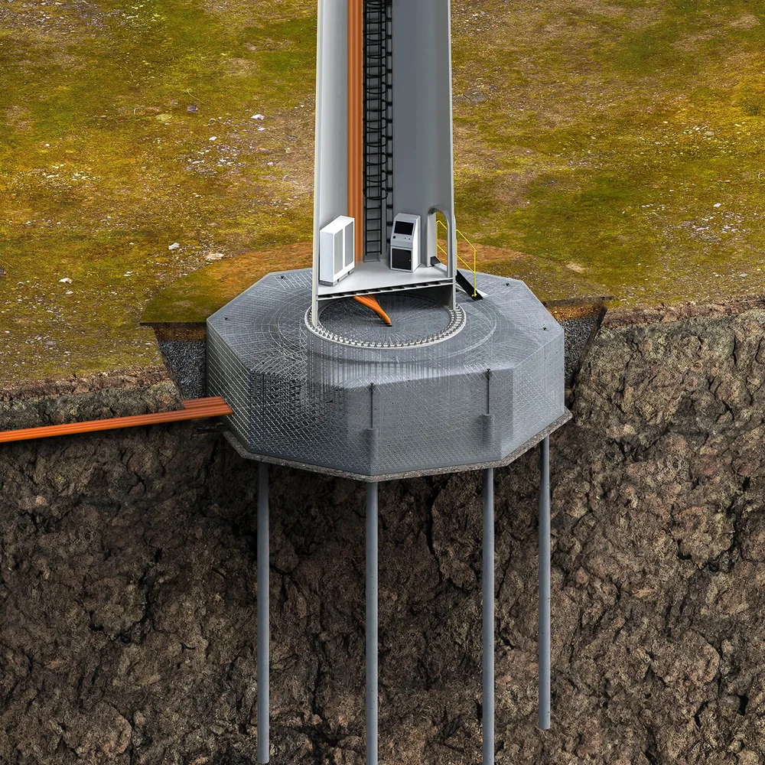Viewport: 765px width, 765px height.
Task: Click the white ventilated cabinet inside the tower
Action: point(337,249)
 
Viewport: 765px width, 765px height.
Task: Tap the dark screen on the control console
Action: point(402,229)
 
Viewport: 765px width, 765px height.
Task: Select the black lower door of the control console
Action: point(401,258)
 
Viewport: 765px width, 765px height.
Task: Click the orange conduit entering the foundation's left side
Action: point(115,421)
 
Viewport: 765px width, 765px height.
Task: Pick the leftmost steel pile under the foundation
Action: point(263,612)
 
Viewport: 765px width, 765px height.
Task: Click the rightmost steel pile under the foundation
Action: point(544,581)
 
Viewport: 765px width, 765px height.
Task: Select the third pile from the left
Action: point(488,612)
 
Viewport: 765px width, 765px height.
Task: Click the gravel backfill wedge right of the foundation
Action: point(581,337)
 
